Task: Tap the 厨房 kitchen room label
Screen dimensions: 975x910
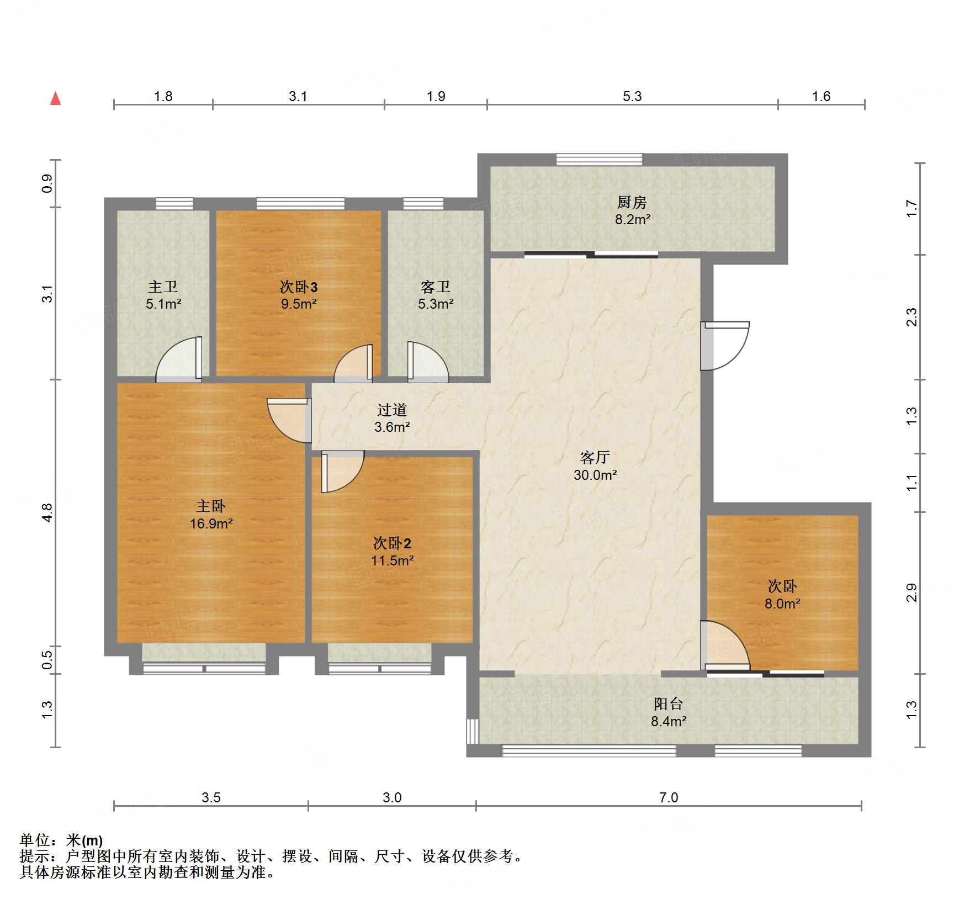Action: pos(632,203)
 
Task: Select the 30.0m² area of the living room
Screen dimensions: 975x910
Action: pos(595,474)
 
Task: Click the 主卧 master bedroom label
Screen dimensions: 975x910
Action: pos(211,506)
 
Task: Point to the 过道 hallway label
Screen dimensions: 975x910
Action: pos(392,410)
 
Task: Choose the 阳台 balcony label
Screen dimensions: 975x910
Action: pos(669,704)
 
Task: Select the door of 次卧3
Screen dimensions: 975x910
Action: pos(353,363)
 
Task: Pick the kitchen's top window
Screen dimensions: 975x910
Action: pos(600,160)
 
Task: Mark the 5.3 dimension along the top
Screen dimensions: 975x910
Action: pos(632,97)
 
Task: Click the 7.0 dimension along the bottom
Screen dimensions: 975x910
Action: pos(669,797)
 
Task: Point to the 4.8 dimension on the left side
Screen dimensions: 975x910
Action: pos(47,512)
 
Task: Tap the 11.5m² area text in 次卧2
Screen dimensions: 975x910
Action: pos(393,560)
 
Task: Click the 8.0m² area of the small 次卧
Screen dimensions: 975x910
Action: pos(782,604)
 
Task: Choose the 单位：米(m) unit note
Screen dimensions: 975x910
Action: pos(61,840)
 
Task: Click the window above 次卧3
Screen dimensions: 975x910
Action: pos(301,204)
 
